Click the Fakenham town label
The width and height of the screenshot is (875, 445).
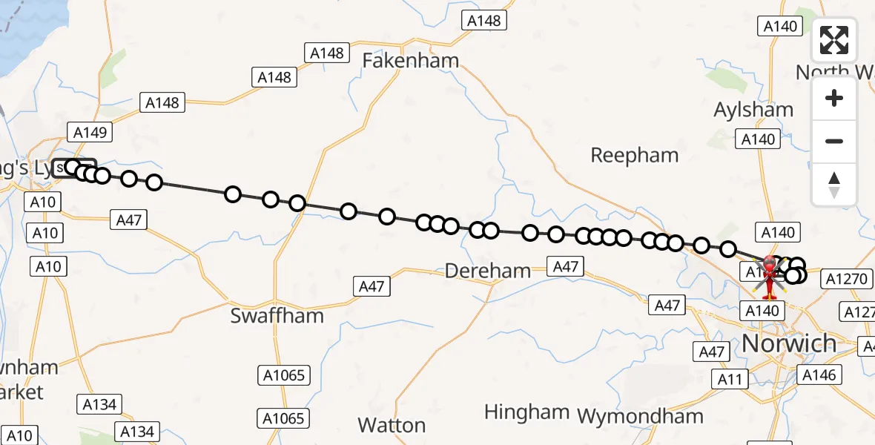point(410,60)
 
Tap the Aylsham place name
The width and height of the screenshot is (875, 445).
point(753,110)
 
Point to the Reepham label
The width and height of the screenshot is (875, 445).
point(634,155)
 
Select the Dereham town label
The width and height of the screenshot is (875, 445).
point(487,271)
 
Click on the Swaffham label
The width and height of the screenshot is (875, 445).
point(277,315)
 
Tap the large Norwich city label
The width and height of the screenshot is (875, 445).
point(789,343)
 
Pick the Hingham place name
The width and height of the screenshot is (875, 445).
point(526,412)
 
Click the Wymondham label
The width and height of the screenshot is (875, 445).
point(640,416)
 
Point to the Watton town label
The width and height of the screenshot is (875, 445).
point(392,425)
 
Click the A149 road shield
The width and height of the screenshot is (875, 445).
point(90,133)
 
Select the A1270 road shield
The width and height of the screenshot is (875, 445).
point(845,279)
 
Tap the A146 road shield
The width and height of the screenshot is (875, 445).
point(819,375)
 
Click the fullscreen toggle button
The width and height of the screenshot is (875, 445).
point(834,40)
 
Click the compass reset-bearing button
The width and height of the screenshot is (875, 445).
point(834,184)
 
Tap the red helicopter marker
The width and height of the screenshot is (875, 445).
point(770,276)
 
